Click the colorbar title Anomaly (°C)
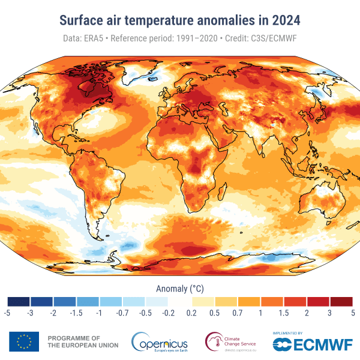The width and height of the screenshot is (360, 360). point(180,288)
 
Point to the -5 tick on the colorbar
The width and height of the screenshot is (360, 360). point(7,313)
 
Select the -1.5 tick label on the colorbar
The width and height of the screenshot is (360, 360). point(76,313)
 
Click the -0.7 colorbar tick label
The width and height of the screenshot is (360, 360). point(122,313)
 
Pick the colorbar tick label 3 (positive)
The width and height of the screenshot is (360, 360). point(330,313)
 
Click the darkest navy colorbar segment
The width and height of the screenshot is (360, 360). point(19,301)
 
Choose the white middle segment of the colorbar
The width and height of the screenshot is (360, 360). point(180,301)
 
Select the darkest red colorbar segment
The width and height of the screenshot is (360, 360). point(341,301)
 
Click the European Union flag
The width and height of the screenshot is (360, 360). point(24,341)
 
